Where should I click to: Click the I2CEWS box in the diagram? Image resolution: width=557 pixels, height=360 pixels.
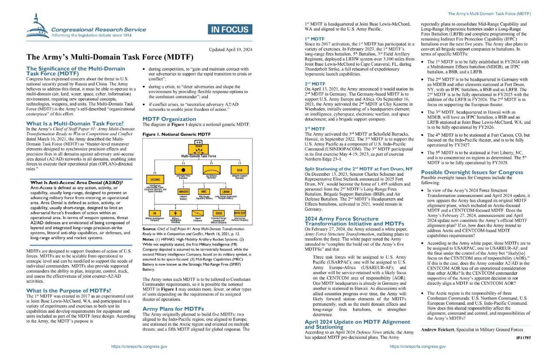click(155, 180)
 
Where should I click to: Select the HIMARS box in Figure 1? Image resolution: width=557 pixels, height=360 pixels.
click(183, 191)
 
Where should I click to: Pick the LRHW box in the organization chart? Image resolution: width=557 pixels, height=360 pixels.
click(226, 191)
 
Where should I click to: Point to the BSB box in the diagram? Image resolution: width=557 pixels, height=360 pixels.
click(240, 170)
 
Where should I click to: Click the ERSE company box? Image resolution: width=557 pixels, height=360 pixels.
click(219, 213)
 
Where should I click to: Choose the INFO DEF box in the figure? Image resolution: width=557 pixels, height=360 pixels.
click(240, 213)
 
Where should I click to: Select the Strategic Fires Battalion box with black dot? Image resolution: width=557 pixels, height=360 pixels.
click(183, 170)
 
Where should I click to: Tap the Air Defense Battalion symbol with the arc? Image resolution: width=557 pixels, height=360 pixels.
click(211, 170)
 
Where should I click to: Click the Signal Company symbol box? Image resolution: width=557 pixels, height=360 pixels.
click(198, 213)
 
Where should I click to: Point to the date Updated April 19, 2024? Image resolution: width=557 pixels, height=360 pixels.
click(229, 49)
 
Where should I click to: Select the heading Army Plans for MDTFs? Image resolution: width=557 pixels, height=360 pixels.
click(173, 309)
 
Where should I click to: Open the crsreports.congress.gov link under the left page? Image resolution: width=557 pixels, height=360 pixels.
click(139, 347)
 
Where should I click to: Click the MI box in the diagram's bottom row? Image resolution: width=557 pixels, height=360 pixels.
click(155, 213)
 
